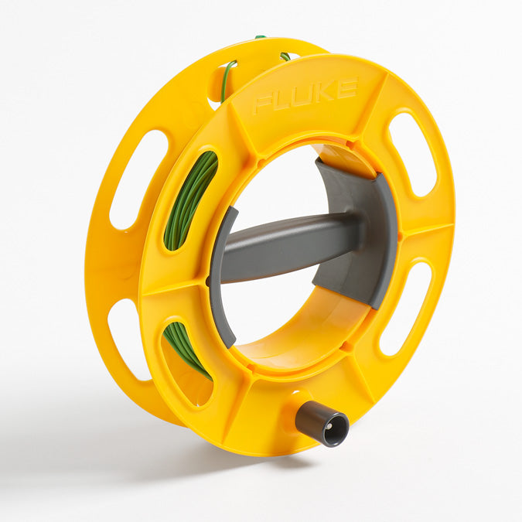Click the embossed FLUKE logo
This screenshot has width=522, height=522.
tap(305, 95)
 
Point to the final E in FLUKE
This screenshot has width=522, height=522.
tap(348, 87)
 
